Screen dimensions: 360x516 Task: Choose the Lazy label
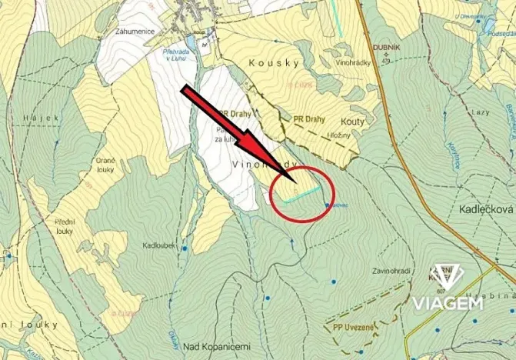point(481,112)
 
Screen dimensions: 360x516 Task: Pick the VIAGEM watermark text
point(447,302)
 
